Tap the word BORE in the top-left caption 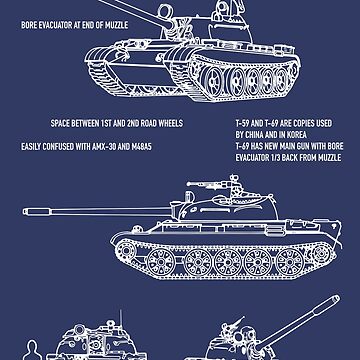click(x=31, y=20)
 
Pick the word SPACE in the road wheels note click(x=61, y=127)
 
